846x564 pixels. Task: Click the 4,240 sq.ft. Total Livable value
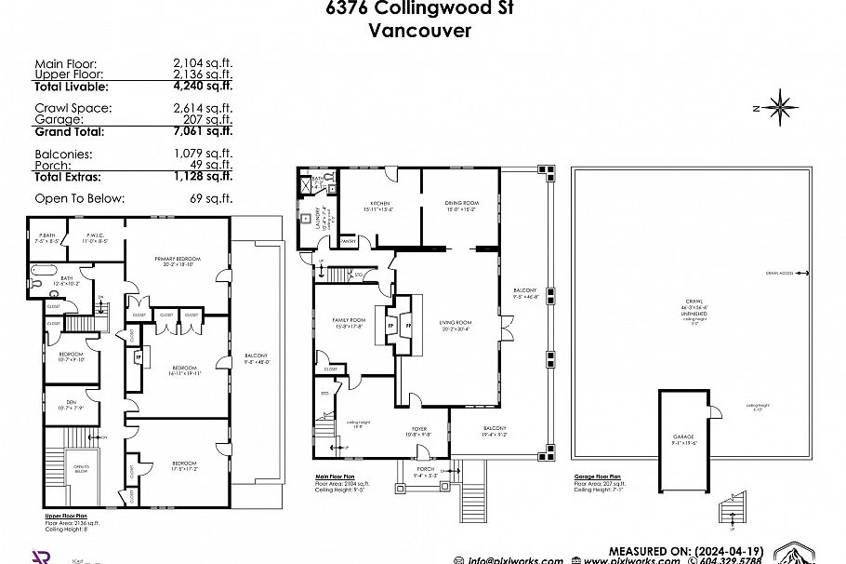(x=202, y=86)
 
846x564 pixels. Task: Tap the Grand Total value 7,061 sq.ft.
(x=202, y=131)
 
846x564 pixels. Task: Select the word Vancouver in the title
(x=420, y=30)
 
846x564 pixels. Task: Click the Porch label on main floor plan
(x=426, y=468)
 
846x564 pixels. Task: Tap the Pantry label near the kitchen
(x=349, y=240)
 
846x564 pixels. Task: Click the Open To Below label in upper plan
(x=81, y=469)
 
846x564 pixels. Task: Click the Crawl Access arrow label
(x=779, y=273)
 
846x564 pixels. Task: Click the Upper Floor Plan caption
(x=65, y=515)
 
